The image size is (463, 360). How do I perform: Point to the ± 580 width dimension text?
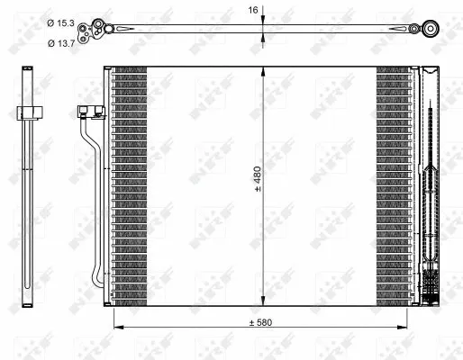tap(262, 322)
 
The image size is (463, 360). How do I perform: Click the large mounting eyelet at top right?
tap(430, 30)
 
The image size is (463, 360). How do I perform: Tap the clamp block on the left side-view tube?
tap(31, 112)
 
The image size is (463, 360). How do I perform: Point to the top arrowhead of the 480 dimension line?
tap(263, 70)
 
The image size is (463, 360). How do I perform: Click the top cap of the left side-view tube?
tap(32, 69)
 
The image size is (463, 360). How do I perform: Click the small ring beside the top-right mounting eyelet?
tap(415, 30)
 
